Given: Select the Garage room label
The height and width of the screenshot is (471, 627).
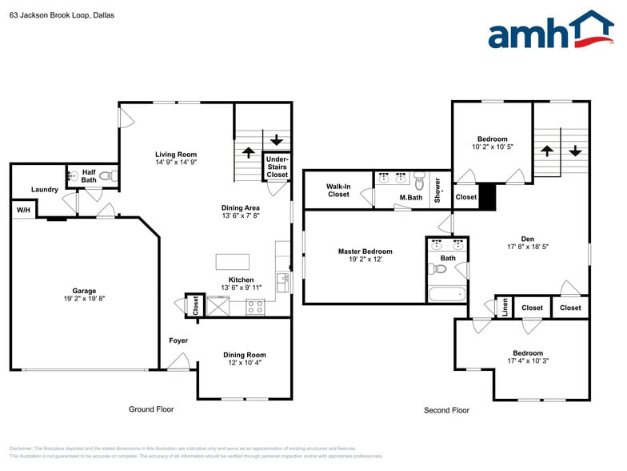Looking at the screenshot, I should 84,291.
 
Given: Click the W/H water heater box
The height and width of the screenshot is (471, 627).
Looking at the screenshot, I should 22,210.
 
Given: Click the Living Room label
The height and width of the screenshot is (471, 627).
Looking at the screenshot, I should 176,155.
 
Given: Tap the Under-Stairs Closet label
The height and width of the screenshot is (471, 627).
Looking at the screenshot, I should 277,167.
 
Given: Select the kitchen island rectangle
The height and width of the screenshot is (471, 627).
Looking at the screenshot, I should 232,262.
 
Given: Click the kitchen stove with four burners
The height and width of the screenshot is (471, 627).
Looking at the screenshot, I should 256,306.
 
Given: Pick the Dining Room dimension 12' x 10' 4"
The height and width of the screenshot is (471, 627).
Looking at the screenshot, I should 244,363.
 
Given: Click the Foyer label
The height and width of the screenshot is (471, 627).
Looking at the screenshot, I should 178,340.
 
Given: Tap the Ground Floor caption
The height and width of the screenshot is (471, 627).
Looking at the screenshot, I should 151,409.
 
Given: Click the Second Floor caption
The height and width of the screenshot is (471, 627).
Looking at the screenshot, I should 446,410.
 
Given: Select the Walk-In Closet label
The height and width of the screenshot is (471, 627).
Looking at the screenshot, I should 338,190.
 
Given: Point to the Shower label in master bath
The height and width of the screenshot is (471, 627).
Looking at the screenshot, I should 437,191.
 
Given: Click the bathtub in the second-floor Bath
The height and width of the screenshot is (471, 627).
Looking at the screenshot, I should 446,294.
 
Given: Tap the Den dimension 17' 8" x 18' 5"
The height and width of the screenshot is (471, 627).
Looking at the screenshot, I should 527,247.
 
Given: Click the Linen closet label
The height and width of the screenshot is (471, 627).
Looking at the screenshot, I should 505,308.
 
